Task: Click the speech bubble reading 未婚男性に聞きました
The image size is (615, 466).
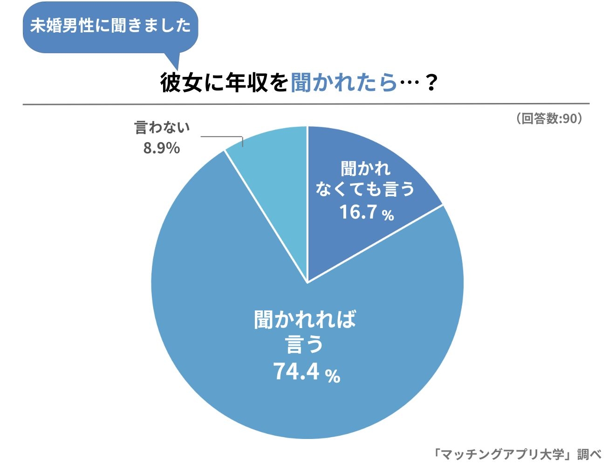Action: pyautogui.click(x=110, y=26)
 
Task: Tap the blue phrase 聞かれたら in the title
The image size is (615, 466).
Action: pyautogui.click(x=343, y=83)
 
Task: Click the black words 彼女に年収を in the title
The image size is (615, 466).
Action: pyautogui.click(x=224, y=83)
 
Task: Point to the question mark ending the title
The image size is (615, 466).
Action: pyautogui.click(x=431, y=83)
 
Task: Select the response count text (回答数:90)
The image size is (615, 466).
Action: pyautogui.click(x=549, y=118)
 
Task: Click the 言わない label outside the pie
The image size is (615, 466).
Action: pyautogui.click(x=162, y=127)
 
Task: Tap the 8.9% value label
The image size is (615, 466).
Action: pyautogui.click(x=162, y=148)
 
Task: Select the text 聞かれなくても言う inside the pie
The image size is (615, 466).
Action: pyautogui.click(x=365, y=179)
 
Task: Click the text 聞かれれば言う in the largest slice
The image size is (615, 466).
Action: pyautogui.click(x=305, y=332)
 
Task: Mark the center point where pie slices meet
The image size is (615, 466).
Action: pyautogui.click(x=307, y=282)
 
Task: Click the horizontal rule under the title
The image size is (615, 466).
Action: pyautogui.click(x=306, y=104)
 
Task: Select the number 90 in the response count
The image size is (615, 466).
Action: pyautogui.click(x=569, y=118)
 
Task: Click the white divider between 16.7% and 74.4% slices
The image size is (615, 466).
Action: pyautogui.click(x=375, y=244)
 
